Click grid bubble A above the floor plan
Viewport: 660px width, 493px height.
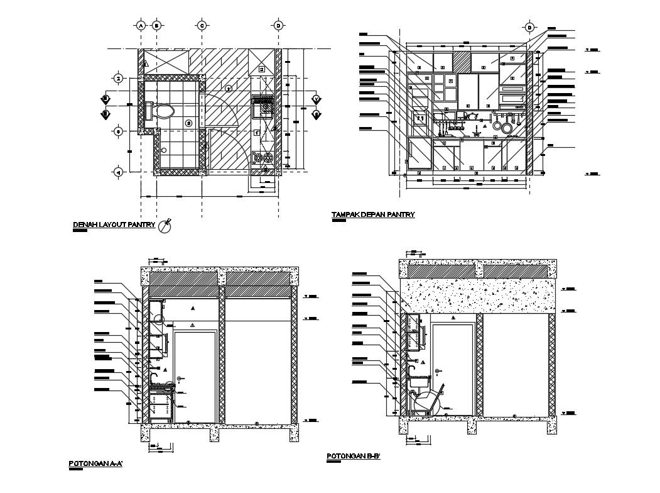click(x=141, y=26)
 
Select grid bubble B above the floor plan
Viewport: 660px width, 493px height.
click(x=156, y=26)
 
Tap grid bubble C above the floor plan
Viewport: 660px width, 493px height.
click(x=202, y=26)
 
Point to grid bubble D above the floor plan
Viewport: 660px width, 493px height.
click(x=278, y=26)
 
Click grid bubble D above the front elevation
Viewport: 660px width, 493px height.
click(x=529, y=28)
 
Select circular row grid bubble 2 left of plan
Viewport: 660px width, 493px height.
click(x=118, y=79)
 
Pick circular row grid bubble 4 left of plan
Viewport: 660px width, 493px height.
click(x=118, y=171)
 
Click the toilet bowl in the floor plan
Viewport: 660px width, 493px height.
click(x=163, y=112)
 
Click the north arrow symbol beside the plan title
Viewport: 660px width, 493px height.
click(x=165, y=225)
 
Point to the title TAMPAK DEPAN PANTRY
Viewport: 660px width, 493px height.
click(x=373, y=215)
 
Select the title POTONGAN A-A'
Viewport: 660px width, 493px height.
click(x=95, y=464)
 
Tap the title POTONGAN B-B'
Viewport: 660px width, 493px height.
click(x=354, y=456)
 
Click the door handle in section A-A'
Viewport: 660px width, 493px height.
click(x=180, y=379)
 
